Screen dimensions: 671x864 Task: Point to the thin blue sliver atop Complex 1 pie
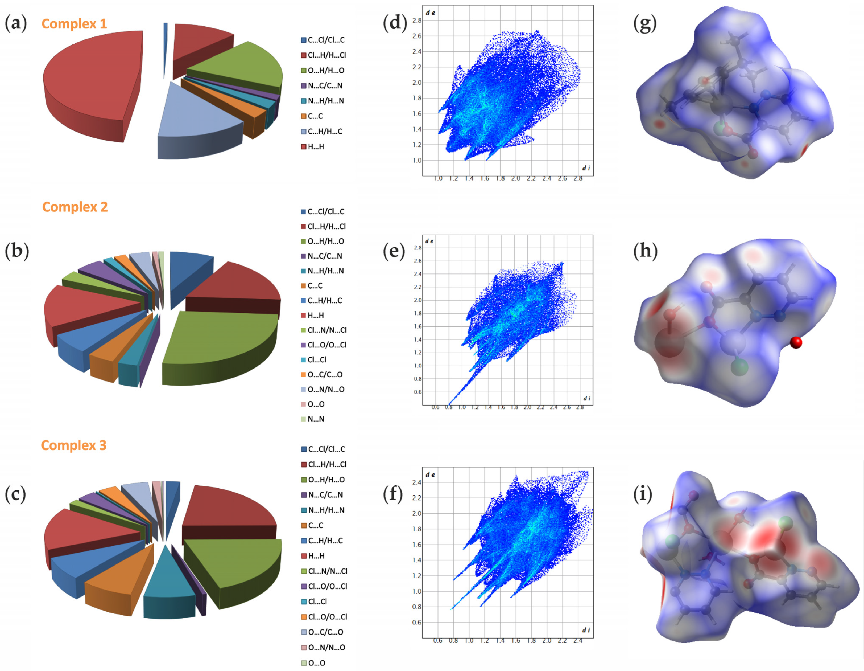[165, 47]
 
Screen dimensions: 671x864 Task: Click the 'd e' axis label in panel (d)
[431, 13]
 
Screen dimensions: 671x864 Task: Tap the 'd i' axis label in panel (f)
[586, 630]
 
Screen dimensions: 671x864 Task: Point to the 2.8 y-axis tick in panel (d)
[417, 20]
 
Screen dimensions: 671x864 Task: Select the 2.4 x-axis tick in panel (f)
[578, 641]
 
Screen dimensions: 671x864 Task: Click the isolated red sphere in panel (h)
[796, 342]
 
